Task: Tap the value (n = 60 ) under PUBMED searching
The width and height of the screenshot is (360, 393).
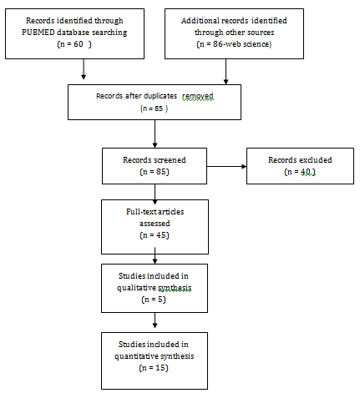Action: coord(74,44)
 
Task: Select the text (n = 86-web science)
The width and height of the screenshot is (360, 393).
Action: coord(234,44)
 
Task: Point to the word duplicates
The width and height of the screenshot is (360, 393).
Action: coord(160,96)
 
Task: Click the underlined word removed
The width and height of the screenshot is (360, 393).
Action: coord(198,96)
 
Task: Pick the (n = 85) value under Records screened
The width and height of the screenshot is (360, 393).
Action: coord(155,172)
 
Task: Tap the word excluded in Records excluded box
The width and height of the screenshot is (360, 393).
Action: coord(316,160)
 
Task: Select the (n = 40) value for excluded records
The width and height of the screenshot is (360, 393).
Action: coord(300,172)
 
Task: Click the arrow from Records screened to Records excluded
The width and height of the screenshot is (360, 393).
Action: coord(226,167)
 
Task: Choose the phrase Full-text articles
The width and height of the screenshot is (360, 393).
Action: coord(155,212)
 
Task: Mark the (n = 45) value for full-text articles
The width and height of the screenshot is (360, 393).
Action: coord(155,235)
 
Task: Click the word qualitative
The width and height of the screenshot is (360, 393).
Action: coord(136,288)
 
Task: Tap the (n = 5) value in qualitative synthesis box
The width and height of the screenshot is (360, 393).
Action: coord(154,300)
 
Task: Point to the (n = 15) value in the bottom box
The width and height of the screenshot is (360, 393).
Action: coord(154,368)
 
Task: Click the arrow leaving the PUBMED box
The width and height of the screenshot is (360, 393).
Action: coord(84,69)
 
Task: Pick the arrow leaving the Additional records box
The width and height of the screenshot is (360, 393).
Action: coord(226,72)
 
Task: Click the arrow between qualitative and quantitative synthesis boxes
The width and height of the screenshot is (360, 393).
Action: coord(155,320)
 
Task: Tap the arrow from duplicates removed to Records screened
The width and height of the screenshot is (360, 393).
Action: coord(155,134)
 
